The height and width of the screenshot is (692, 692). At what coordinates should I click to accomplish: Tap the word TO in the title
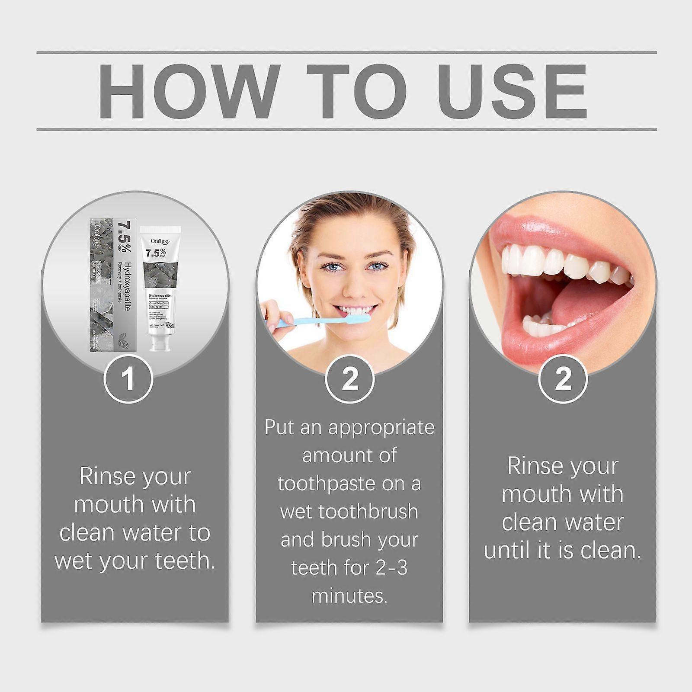click(357, 91)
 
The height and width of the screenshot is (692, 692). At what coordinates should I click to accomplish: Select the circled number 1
click(128, 379)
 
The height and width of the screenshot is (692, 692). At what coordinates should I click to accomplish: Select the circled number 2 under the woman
click(349, 379)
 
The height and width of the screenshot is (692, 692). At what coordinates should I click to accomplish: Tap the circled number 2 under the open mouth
click(563, 379)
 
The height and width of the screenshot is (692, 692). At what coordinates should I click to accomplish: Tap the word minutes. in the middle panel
click(349, 596)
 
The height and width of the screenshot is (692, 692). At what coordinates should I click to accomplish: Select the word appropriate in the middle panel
click(381, 427)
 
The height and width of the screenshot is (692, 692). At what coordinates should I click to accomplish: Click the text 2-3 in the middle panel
click(391, 568)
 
